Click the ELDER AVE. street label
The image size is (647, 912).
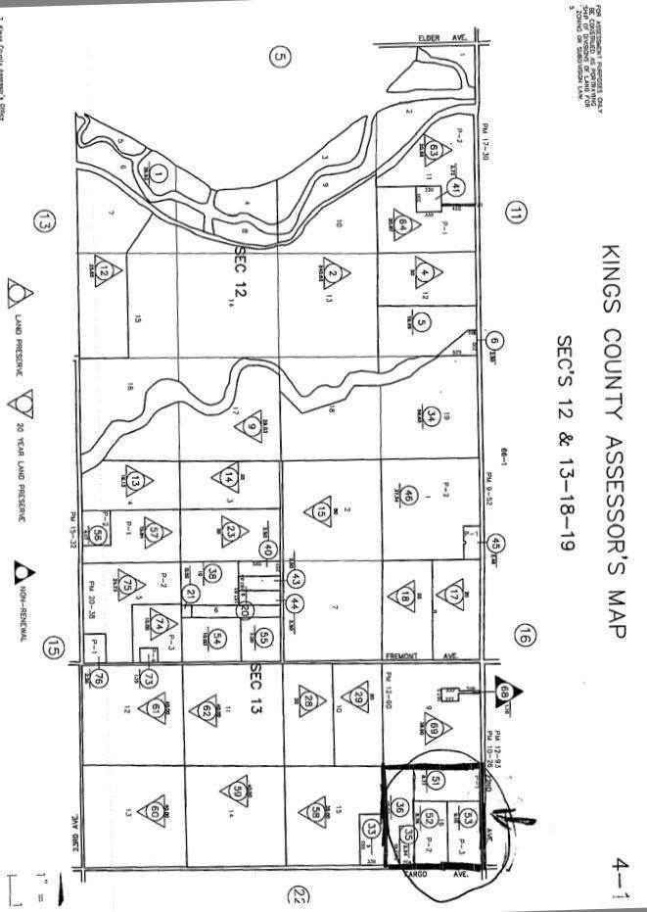pos(442,37)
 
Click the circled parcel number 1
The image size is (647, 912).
pos(160,174)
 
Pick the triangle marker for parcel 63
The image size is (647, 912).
pos(434,151)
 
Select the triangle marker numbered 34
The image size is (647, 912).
pos(430,414)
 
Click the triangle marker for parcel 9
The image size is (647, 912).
pos(253,427)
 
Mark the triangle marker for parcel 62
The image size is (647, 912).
pos(207,710)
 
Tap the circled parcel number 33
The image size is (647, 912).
pos(370,829)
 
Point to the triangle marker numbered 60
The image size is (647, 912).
pos(155,809)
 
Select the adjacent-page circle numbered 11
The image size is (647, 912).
pos(516,212)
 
